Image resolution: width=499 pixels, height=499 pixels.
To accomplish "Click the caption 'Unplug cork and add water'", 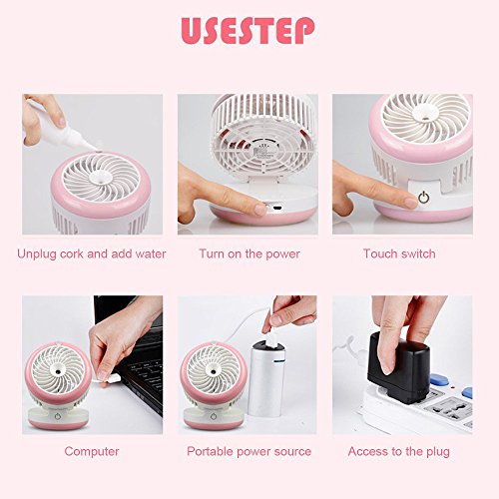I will point(92,253).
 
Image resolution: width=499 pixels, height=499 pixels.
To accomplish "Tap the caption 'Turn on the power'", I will point(249,253).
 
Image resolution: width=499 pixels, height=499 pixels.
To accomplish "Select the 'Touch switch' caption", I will point(399,253).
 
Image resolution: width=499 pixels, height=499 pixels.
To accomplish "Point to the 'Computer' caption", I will point(92,451).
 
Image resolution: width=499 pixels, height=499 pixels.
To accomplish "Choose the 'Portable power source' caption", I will point(249,451).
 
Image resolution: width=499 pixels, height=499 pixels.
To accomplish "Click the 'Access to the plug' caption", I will point(399,451).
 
